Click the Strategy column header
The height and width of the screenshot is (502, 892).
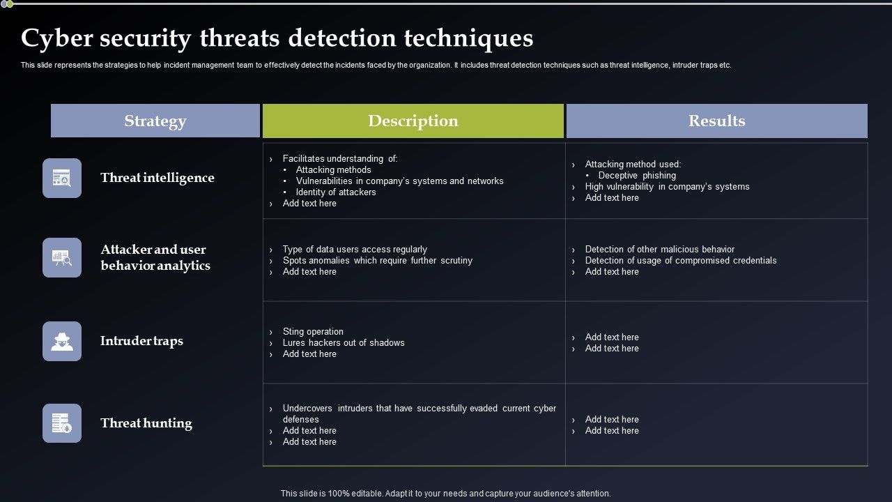[155, 121]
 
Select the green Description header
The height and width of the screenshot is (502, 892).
[413, 121]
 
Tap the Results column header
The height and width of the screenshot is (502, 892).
[716, 121]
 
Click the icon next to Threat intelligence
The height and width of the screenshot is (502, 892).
[62, 178]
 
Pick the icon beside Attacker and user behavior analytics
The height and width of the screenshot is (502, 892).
[62, 257]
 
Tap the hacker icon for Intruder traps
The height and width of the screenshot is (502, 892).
[62, 341]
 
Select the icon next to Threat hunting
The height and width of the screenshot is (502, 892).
[62, 423]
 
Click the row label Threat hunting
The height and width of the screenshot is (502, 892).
[146, 423]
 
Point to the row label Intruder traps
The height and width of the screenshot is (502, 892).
[141, 341]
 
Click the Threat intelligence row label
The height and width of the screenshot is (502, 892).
[157, 178]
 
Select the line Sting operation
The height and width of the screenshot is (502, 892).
[313, 332]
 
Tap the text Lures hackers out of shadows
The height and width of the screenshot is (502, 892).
[343, 343]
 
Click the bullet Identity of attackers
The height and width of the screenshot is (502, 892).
[335, 192]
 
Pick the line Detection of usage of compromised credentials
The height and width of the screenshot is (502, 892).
[680, 261]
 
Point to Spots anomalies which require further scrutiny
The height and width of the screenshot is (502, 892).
[377, 261]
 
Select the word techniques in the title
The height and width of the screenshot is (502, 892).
[468, 38]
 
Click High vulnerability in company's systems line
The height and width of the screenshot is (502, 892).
[667, 187]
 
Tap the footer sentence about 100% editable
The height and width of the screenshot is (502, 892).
[445, 493]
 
